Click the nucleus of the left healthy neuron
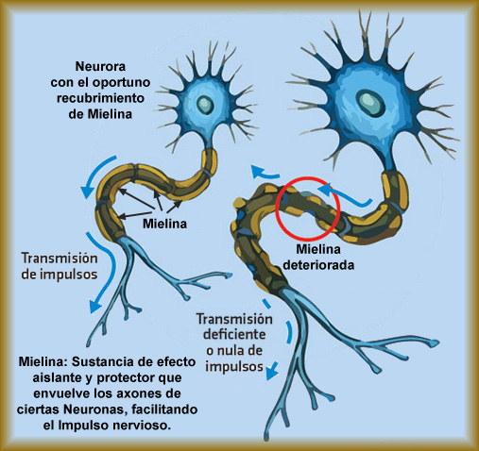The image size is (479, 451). (x=205, y=104)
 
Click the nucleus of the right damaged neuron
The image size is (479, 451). (x=370, y=104)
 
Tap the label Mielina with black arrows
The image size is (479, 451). (x=164, y=224)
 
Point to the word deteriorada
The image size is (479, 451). (x=318, y=265)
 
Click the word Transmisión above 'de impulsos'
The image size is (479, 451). (x=60, y=259)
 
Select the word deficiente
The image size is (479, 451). (x=234, y=334)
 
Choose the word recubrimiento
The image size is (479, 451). (x=100, y=98)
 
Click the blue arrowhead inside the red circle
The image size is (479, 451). (x=324, y=190)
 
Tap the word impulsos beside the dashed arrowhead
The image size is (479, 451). (x=234, y=367)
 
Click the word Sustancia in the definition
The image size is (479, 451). (x=101, y=361)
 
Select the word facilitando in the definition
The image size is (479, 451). (x=164, y=409)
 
